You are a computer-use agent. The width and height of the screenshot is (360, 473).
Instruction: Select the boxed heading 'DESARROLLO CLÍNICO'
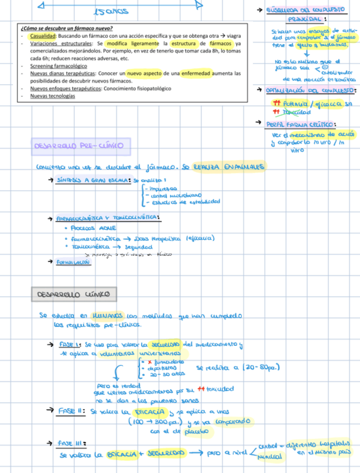coord(73,294)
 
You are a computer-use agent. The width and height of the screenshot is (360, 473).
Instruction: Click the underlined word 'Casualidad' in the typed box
coord(43,36)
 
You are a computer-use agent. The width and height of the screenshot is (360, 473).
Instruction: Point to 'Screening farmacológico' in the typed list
coord(57,66)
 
